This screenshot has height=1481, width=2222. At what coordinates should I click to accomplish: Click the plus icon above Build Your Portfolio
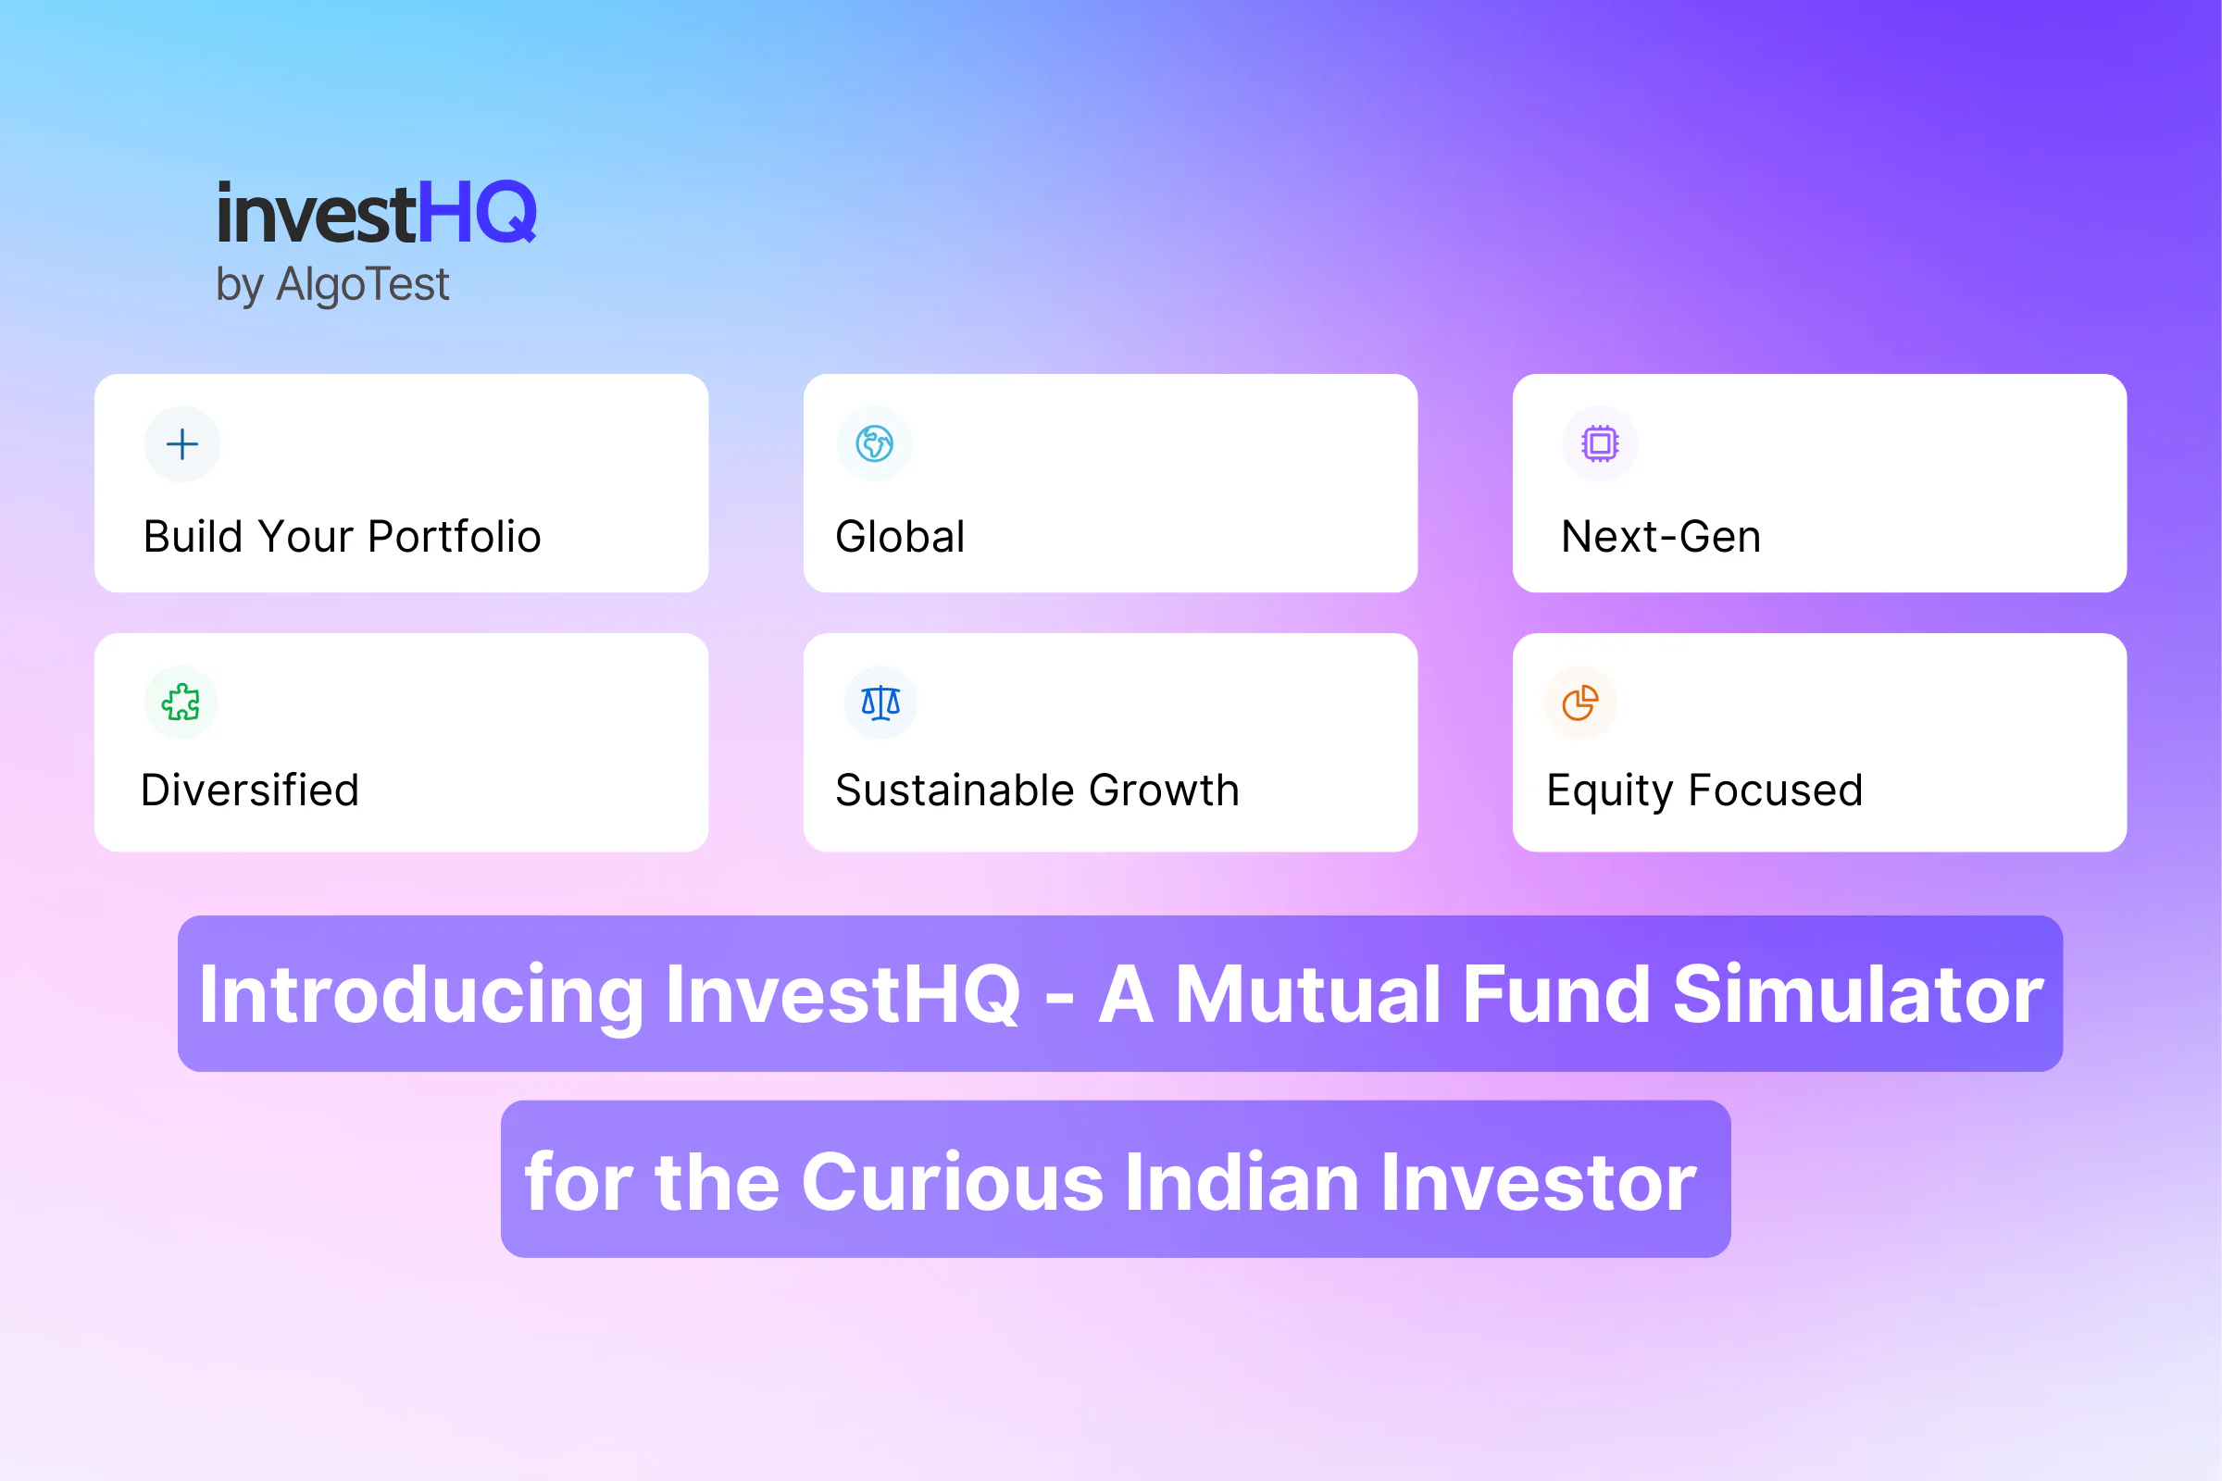182,444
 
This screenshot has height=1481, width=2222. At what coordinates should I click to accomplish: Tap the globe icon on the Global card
875,444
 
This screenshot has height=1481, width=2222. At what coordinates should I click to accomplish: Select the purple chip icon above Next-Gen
1600,443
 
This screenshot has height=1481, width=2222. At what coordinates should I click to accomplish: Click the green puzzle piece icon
181,702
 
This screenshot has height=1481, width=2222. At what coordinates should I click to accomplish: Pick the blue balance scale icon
880,703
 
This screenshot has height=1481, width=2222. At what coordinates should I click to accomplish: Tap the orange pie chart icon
1579,703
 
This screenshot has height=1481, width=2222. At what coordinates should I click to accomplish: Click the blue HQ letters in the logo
477,214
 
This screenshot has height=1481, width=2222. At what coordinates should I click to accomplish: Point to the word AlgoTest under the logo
363,283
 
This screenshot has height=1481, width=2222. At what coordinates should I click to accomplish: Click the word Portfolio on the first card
455,537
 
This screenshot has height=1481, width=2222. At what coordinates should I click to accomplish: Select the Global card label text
900,537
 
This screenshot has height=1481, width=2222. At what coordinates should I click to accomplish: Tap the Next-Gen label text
1661,537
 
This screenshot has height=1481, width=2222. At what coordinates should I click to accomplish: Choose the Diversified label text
250,790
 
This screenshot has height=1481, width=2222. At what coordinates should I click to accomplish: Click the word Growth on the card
1164,790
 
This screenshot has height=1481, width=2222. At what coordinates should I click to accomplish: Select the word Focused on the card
1776,790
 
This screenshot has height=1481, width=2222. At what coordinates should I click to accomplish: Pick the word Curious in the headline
953,1182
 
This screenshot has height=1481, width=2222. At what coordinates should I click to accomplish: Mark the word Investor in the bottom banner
1539,1182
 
